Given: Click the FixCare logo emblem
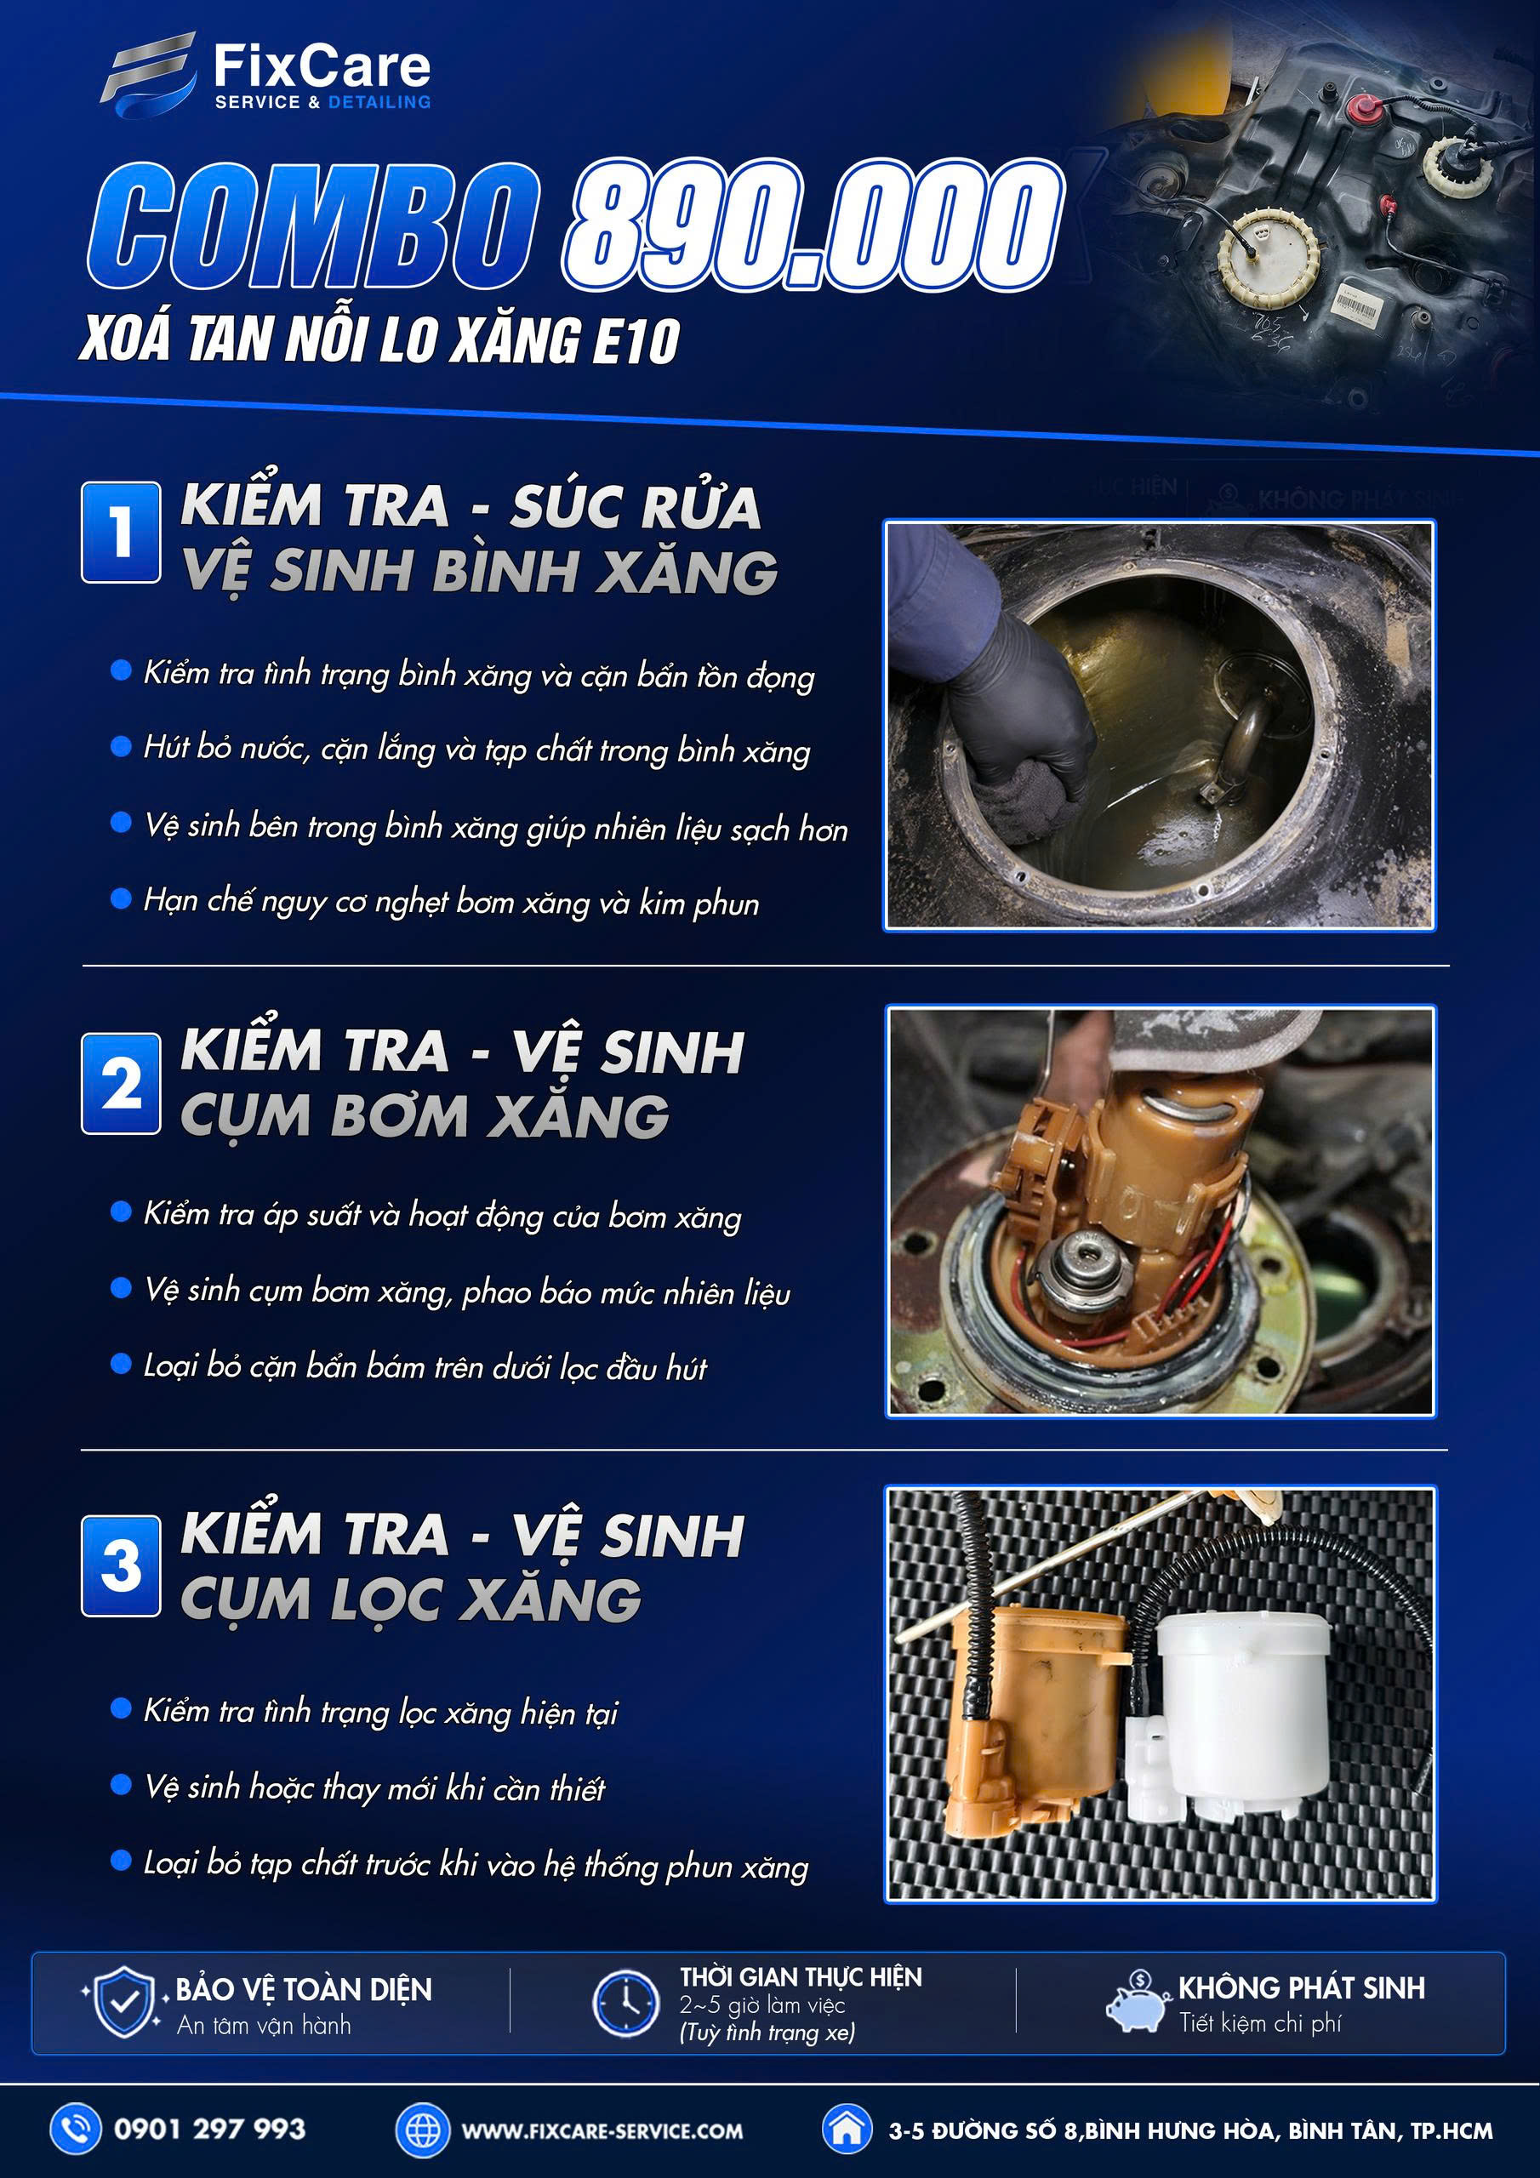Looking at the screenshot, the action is click(x=149, y=76).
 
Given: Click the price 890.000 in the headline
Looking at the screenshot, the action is click(x=814, y=225).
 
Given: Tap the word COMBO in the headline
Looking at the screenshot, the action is click(x=313, y=225).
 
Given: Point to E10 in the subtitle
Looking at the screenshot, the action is click(x=636, y=341).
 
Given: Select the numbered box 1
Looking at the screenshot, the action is click(x=121, y=533).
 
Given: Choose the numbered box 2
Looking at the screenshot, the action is click(x=121, y=1083).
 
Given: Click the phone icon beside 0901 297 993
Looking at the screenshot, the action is click(x=76, y=2129).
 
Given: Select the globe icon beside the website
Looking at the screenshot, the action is click(x=422, y=2130).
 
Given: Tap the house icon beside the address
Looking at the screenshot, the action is click(x=847, y=2129).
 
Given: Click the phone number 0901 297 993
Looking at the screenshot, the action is click(x=209, y=2129).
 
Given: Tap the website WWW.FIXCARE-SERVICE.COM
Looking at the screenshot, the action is click(x=602, y=2130).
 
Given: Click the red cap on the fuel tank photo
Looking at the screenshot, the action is click(x=1366, y=108).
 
